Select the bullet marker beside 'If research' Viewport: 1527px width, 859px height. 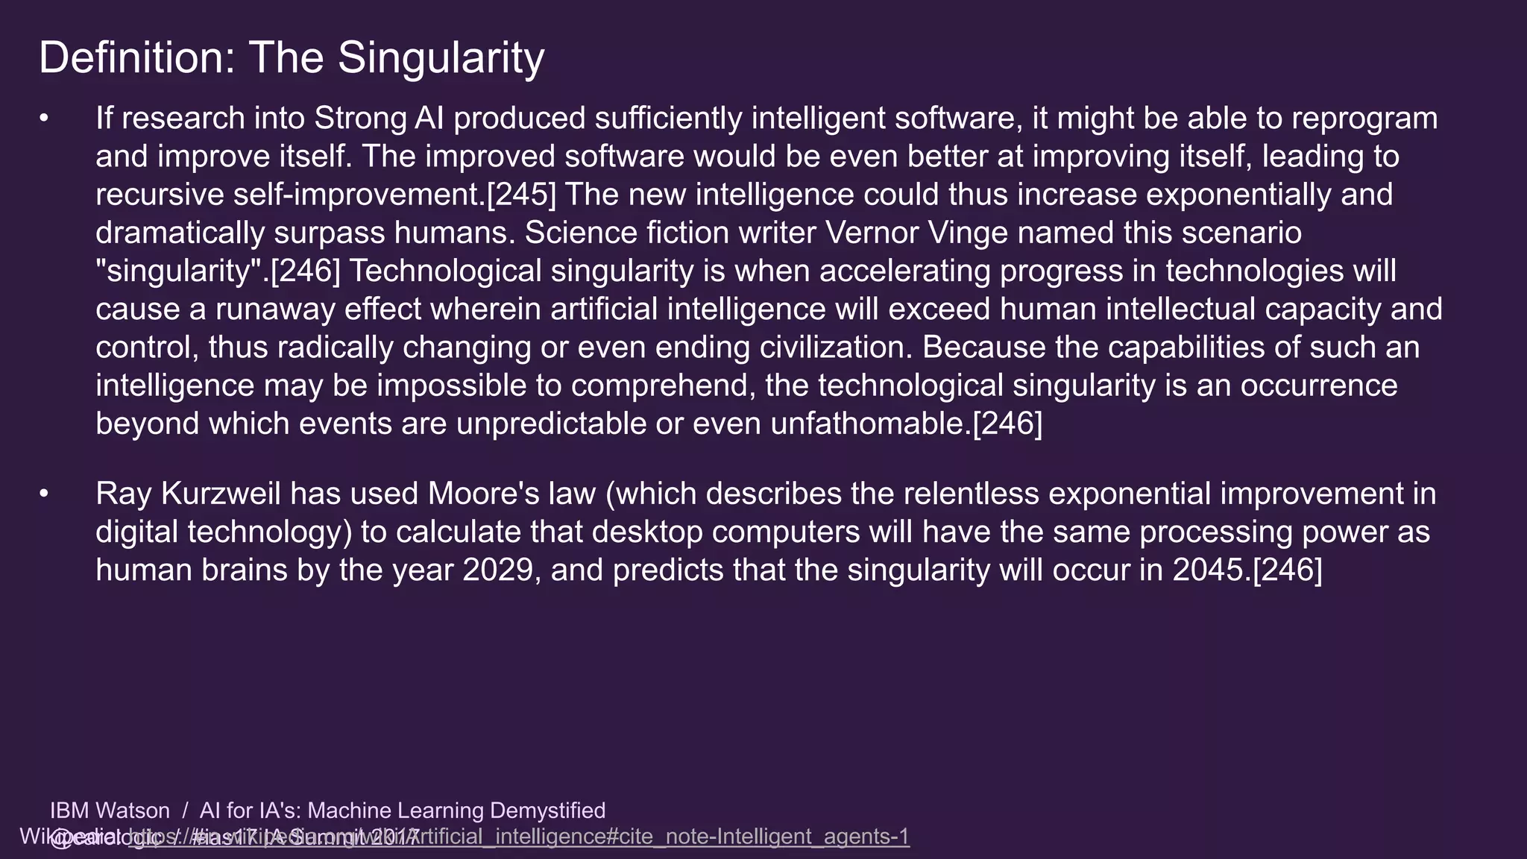[x=45, y=119]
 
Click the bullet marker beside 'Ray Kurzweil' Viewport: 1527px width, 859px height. [x=45, y=494]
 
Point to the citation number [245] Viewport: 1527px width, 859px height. [x=521, y=195]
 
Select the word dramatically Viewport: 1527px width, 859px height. [x=180, y=233]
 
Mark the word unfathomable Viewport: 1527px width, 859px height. [x=870, y=424]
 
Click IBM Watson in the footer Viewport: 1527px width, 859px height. [x=110, y=811]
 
